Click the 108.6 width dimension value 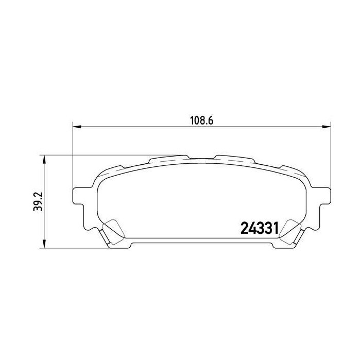[201, 121]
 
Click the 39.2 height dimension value [38, 201]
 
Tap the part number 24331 [260, 228]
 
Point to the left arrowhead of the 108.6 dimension [77, 127]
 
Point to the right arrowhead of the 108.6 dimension [327, 127]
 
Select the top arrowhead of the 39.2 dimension [44, 159]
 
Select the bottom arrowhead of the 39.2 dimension [44, 244]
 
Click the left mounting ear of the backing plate [79, 195]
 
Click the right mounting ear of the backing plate [324, 195]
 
